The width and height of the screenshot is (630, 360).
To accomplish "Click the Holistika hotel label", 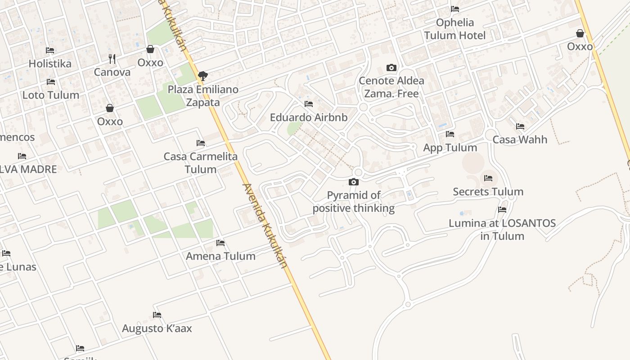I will [x=50, y=63].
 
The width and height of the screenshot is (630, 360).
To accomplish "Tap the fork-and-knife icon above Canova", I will [x=112, y=58].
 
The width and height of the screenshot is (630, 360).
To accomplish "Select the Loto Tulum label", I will [x=51, y=95].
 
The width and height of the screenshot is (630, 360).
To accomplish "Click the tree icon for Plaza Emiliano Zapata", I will [x=203, y=76].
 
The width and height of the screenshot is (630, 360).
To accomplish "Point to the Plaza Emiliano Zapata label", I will [x=203, y=96].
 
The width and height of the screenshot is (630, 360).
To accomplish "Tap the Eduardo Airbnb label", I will [x=309, y=117].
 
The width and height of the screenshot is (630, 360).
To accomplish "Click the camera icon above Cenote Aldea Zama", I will [x=391, y=68].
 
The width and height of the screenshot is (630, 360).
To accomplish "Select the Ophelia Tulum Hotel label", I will [x=455, y=29].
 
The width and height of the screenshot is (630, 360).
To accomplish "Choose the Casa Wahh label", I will [x=520, y=139].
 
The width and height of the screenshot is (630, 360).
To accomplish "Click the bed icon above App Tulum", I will [x=450, y=134].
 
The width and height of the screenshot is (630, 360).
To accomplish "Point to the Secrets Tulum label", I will [x=488, y=192].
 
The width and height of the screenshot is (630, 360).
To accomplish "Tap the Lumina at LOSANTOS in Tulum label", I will [x=502, y=229].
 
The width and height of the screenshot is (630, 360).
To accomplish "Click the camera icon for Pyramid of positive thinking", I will [x=354, y=182].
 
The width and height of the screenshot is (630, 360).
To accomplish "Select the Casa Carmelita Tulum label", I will [x=201, y=163].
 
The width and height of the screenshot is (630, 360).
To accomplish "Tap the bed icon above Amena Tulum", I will [x=220, y=243].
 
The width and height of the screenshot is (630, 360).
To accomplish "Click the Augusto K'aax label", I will [x=157, y=328].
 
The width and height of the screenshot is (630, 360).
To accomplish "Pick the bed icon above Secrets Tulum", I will [x=488, y=178].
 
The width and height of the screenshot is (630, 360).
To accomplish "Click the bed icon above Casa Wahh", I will [x=520, y=126].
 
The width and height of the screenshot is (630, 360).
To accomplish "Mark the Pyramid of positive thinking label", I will [x=354, y=202].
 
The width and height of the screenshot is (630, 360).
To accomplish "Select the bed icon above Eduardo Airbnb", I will [x=309, y=104].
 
